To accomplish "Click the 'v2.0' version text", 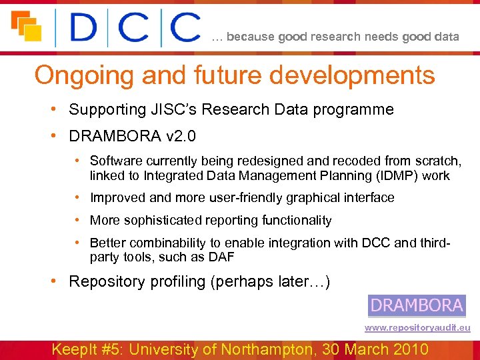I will (181, 137).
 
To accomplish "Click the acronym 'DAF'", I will (221, 257).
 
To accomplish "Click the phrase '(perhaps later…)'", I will (270, 281).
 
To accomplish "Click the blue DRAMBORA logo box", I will (417, 305).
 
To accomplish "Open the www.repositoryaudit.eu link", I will (417, 328).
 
